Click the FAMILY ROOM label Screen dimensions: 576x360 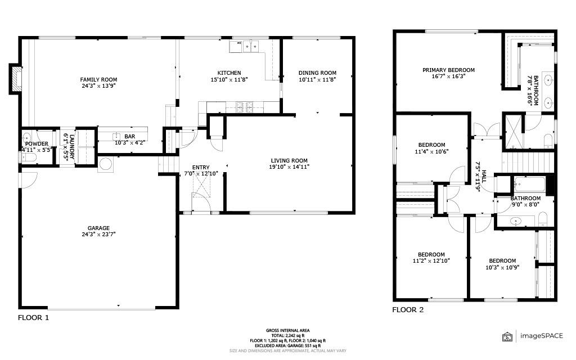[x=98, y=79]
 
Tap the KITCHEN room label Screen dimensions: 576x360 [x=229, y=73]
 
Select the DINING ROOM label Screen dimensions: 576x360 [x=317, y=73]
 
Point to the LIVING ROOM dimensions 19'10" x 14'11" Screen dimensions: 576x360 [x=289, y=166]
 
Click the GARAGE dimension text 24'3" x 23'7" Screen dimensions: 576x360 [x=98, y=235]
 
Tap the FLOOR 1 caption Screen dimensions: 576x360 [x=33, y=318]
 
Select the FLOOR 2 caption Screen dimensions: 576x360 [x=408, y=310]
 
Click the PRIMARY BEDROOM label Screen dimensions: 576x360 [x=448, y=70]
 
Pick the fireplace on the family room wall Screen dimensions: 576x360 [x=15, y=79]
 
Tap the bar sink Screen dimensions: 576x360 [x=117, y=136]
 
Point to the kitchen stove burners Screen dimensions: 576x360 [x=245, y=107]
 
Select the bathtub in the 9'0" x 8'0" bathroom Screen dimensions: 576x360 [x=529, y=183]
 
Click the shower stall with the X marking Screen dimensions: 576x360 [x=513, y=132]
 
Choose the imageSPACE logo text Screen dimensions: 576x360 [x=541, y=335]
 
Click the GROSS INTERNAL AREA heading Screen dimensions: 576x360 [x=287, y=330]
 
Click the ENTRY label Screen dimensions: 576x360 [x=201, y=168]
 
